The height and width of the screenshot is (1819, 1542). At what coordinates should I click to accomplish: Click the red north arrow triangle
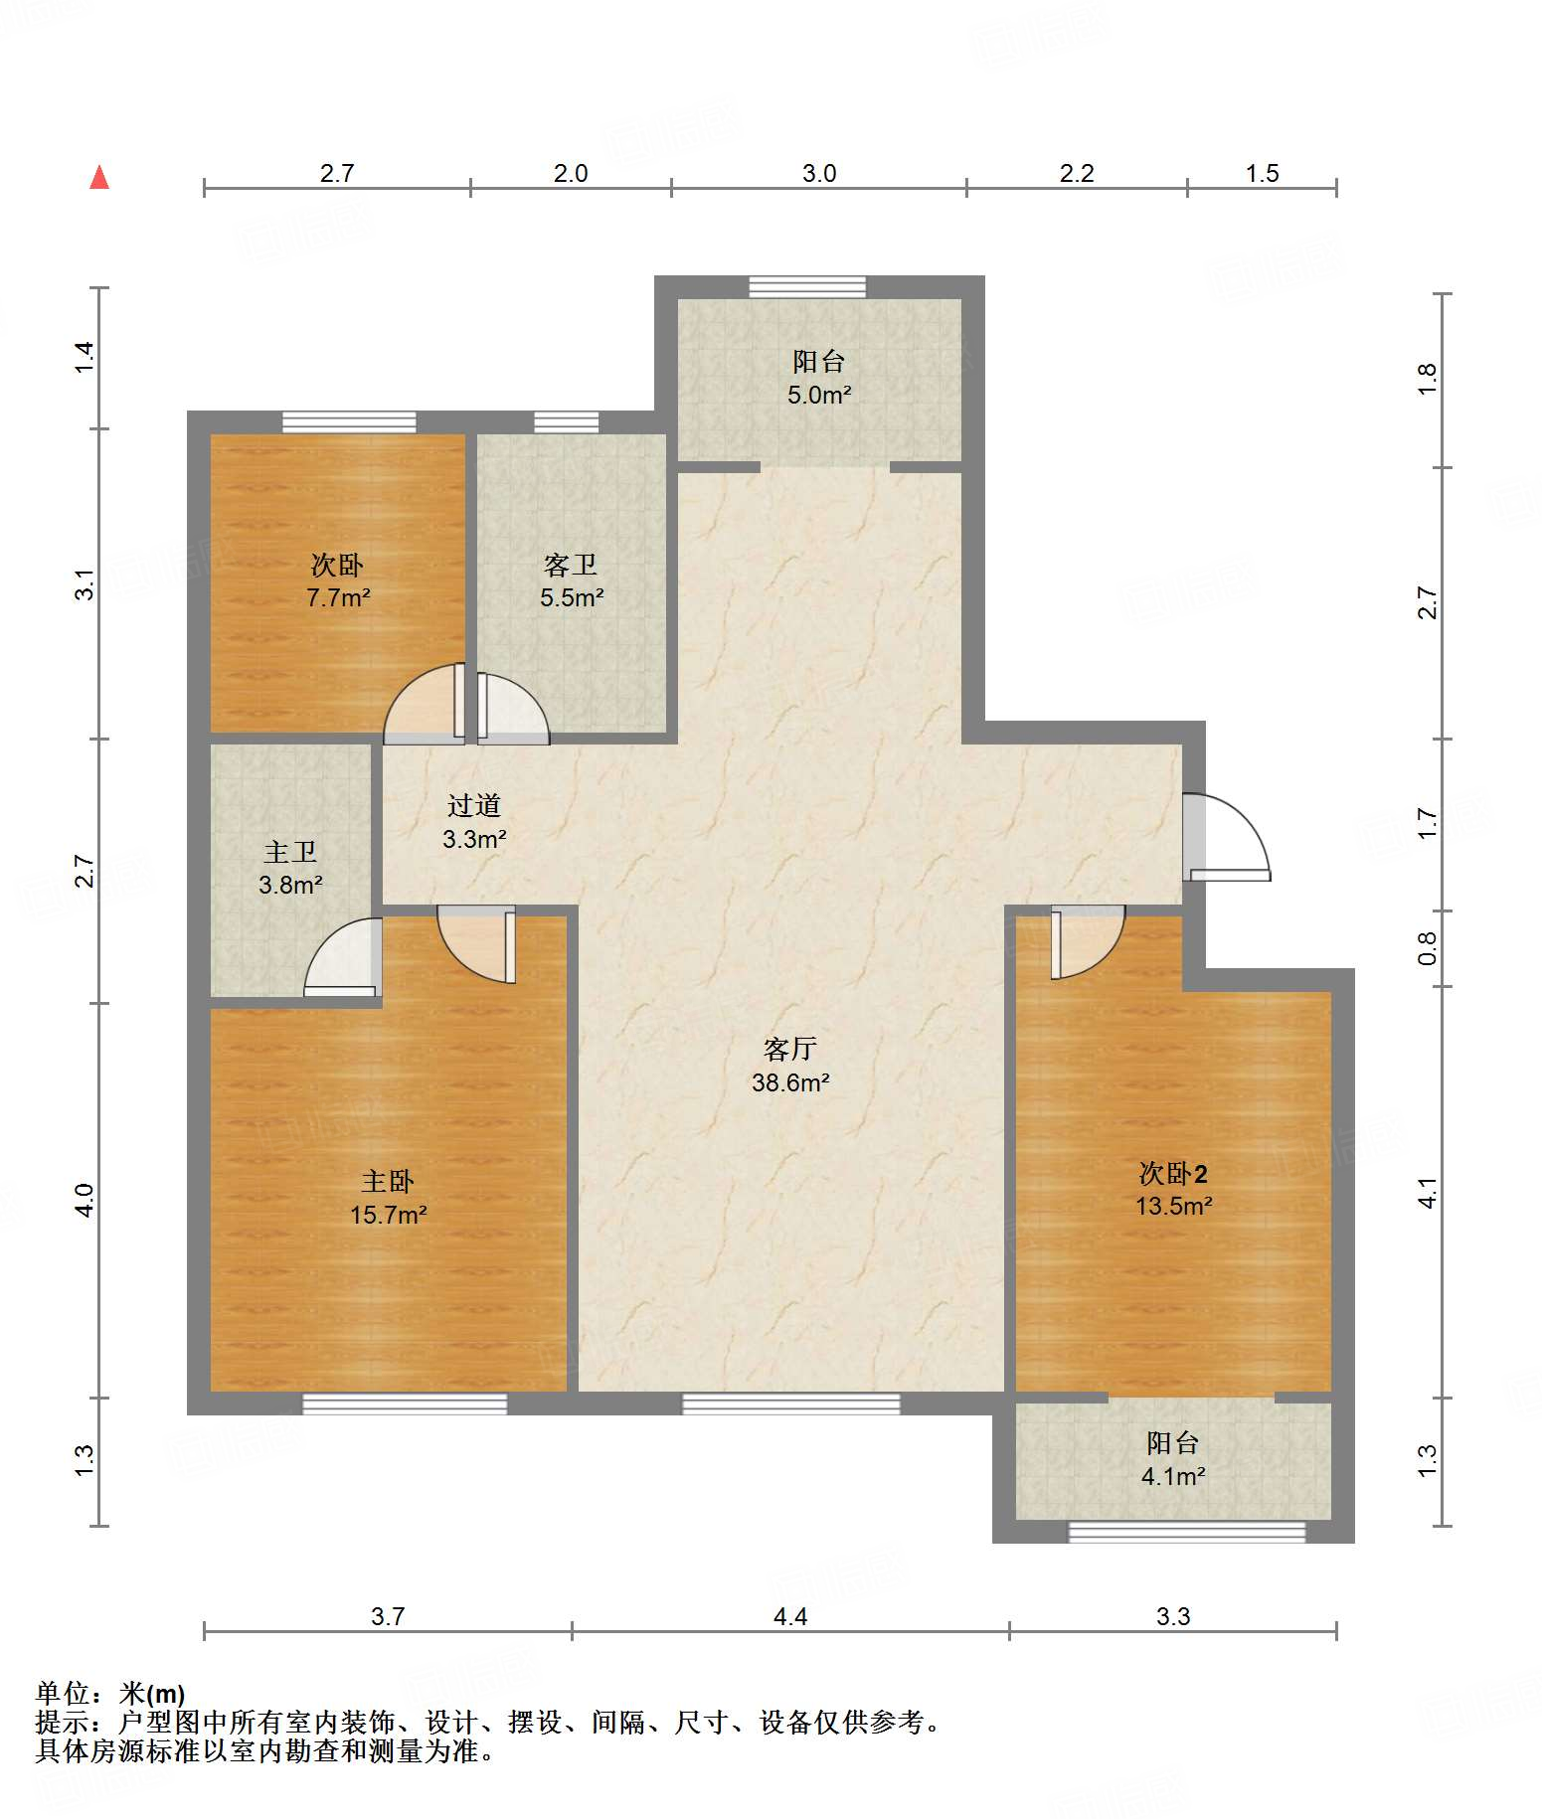(x=99, y=178)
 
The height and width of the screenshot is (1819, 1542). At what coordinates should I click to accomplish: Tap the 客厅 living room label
(x=790, y=1049)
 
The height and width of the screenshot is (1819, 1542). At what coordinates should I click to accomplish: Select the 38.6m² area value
(x=790, y=1082)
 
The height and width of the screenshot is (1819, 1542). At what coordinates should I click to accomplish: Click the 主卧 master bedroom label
(x=388, y=1181)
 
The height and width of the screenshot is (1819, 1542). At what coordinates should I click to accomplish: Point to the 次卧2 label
(x=1173, y=1173)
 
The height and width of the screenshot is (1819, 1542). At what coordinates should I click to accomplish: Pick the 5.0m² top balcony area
(x=819, y=395)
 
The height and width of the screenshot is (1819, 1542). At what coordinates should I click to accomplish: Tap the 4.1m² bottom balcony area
(x=1173, y=1476)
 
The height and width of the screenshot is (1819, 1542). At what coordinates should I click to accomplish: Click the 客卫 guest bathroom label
(x=571, y=565)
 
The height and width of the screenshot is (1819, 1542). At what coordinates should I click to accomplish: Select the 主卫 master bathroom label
(x=290, y=852)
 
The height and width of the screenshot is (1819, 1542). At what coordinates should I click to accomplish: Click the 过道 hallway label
(x=474, y=805)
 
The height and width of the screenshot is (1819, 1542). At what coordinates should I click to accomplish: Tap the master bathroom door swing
(x=341, y=956)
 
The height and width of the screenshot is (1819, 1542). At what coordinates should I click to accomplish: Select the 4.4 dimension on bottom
(x=790, y=1617)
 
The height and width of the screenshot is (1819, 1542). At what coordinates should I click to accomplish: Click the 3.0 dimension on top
(x=819, y=174)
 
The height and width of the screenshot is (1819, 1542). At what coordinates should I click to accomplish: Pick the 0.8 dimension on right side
(x=1427, y=947)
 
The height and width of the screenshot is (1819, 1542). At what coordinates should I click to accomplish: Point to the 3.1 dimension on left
(x=86, y=583)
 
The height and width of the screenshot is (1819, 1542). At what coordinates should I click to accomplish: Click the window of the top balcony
(x=807, y=286)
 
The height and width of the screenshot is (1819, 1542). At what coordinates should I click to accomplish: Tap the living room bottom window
(x=790, y=1404)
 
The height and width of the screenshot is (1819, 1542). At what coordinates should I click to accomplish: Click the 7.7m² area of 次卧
(x=338, y=597)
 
